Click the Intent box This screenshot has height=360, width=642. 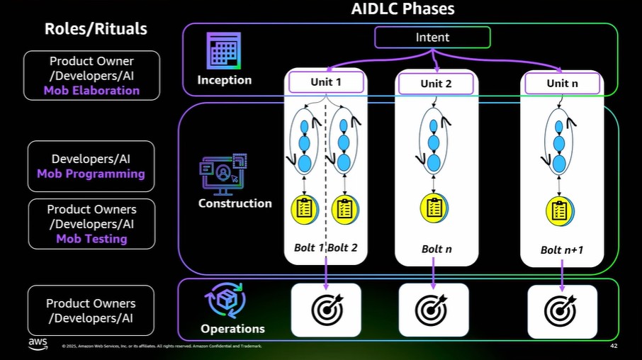[432, 38]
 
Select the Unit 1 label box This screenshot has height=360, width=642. [326, 82]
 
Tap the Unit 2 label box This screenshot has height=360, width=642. [436, 84]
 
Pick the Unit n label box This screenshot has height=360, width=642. [562, 83]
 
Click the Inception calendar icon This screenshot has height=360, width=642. [223, 51]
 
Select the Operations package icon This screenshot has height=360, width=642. [225, 300]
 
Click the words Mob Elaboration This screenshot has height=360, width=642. [91, 91]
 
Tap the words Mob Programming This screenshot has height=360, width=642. [91, 174]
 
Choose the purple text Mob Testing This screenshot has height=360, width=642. [91, 239]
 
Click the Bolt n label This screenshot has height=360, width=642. [437, 249]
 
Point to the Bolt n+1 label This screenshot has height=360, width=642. [562, 250]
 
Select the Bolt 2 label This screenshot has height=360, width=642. [342, 247]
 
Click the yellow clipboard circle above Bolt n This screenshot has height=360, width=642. [434, 208]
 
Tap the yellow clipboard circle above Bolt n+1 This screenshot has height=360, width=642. [560, 211]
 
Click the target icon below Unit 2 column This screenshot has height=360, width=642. [431, 309]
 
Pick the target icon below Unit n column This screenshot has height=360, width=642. [560, 310]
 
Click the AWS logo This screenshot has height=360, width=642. [38, 344]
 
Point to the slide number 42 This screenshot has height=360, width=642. [614, 346]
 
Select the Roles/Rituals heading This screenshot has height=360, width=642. [96, 28]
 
